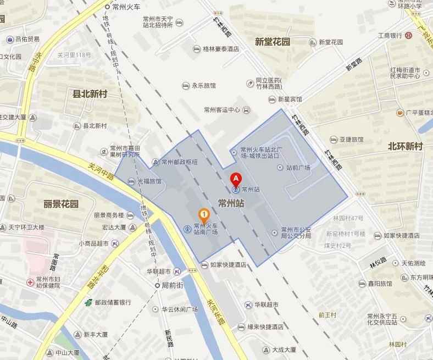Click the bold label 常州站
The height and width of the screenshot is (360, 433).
(231, 203)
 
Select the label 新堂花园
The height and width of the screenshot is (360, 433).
(273, 41)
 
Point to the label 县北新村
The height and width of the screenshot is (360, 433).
(90, 94)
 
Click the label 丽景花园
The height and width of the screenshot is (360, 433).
(61, 204)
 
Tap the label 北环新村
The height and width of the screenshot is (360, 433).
(405, 146)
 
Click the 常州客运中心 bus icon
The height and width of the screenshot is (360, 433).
(246, 109)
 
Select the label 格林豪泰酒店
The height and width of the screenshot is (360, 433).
(220, 49)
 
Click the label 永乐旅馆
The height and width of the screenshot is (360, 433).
(203, 86)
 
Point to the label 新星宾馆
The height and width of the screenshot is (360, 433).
(290, 99)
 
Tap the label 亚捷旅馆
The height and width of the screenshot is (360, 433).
(351, 140)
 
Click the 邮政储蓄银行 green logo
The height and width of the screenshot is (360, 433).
(88, 302)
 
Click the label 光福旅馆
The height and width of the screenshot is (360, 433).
(149, 181)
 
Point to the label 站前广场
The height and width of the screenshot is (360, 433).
(298, 168)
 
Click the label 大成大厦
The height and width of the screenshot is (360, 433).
(284, 349)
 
